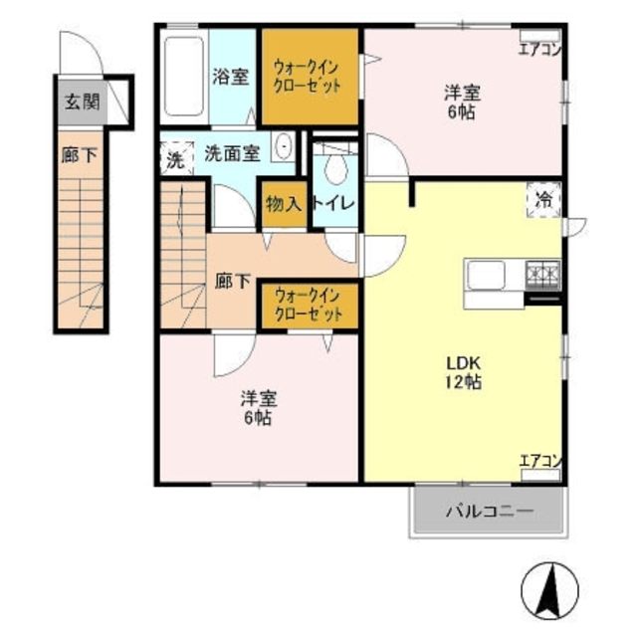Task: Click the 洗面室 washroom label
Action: pos(232,153)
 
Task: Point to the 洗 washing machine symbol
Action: pos(175,158)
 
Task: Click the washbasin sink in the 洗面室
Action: pos(284,147)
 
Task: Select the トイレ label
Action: pos(331,204)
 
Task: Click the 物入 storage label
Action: pos(283,204)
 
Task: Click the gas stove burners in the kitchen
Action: pos(542,272)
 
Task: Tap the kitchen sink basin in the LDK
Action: pos(488,274)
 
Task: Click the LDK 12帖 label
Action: pos(463,371)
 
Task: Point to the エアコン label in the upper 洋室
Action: pos(540,47)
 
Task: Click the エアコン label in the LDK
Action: pos(540,461)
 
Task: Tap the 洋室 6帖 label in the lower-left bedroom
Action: pos(257,407)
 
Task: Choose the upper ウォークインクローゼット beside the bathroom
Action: pos(309,77)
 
